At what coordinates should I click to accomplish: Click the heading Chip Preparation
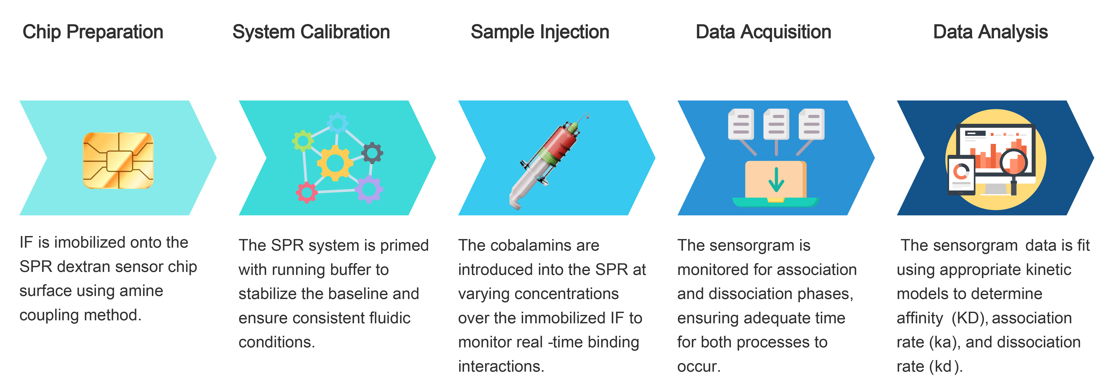pyautogui.click(x=93, y=32)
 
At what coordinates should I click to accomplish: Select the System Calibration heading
pyautogui.click(x=311, y=32)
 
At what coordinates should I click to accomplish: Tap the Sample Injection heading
pyautogui.click(x=540, y=32)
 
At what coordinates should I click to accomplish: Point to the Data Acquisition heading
pyautogui.click(x=763, y=32)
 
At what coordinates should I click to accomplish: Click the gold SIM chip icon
pyautogui.click(x=118, y=160)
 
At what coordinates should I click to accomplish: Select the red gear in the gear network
pyautogui.click(x=306, y=192)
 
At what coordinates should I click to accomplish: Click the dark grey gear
pyautogui.click(x=372, y=153)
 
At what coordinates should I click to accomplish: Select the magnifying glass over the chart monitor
pyautogui.click(x=1013, y=166)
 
